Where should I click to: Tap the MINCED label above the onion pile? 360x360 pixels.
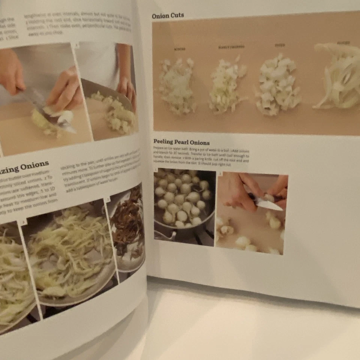tap(179, 49)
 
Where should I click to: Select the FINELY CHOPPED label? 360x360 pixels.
tap(231, 47)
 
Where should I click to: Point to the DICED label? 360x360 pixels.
tap(280, 45)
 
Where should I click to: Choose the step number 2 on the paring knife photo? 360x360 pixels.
tap(220, 174)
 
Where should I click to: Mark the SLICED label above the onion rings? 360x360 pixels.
tap(343, 43)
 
